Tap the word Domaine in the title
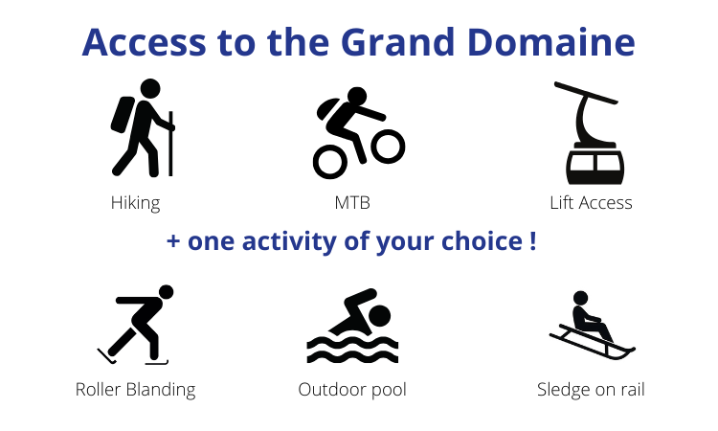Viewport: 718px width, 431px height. tap(551, 42)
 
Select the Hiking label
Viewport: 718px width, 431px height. tap(136, 203)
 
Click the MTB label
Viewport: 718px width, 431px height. tap(352, 203)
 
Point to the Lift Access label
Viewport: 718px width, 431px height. tap(591, 203)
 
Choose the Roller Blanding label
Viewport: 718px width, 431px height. tap(136, 390)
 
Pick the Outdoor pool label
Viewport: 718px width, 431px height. tap(352, 390)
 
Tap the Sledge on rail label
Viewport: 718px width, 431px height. tap(591, 390)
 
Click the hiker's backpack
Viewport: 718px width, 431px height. tap(122, 115)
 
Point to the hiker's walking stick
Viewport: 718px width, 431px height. tap(170, 144)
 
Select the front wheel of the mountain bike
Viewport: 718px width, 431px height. tap(388, 147)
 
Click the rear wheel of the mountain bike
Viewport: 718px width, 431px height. tap(329, 162)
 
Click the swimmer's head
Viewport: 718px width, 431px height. tap(380, 316)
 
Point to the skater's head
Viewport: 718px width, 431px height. tap(167, 292)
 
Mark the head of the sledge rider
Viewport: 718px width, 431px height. tap(581, 298)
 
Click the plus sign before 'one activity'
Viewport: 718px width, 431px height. tap(173, 241)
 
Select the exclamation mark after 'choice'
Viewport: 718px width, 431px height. tap(532, 241)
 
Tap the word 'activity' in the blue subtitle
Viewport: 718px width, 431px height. tap(289, 241)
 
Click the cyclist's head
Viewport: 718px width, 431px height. tap(357, 97)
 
